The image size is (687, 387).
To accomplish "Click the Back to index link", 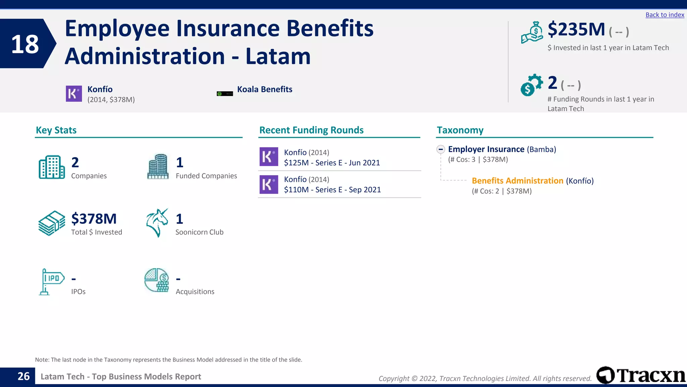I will click(665, 15).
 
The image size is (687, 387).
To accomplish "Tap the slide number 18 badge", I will click(25, 44).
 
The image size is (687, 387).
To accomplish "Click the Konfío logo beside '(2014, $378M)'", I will click(74, 94).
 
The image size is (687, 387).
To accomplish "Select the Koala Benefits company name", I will click(264, 89).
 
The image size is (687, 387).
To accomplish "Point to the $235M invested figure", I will click(576, 30).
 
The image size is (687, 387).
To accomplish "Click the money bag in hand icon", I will click(532, 33).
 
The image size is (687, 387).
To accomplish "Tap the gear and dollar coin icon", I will click(531, 85).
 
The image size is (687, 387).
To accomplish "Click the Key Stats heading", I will click(56, 130).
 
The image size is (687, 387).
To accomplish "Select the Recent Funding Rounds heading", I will click(311, 130).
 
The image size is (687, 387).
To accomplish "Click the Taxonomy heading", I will click(460, 130).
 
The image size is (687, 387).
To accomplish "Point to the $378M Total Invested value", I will click(94, 219).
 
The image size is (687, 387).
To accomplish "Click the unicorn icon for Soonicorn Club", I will click(157, 223).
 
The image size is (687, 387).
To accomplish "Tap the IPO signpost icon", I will click(51, 282).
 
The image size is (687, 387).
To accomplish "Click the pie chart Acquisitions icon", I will click(157, 280).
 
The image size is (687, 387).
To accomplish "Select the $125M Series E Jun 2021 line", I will click(332, 163).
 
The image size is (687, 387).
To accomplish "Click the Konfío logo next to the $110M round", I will click(269, 184).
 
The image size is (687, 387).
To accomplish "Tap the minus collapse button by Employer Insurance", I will click(441, 149).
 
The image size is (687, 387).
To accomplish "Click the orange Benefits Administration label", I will click(517, 181).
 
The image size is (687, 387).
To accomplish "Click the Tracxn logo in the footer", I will click(641, 375).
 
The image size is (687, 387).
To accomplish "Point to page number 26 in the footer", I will click(23, 376).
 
